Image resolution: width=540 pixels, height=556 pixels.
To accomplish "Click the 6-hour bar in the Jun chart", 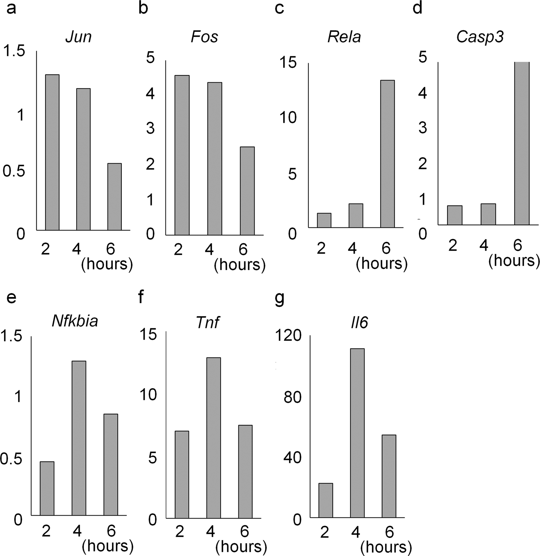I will [115, 197].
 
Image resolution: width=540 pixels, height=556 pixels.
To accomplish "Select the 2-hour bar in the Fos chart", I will [182, 155].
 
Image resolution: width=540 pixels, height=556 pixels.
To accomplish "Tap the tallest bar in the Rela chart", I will [387, 154].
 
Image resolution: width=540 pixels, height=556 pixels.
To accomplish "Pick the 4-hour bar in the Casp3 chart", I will [488, 214].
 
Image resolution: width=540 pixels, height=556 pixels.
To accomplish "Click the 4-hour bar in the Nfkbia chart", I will [79, 438].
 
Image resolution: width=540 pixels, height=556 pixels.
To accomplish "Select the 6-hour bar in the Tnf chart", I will [245, 472].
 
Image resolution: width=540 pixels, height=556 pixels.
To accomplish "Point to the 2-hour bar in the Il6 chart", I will [325, 500].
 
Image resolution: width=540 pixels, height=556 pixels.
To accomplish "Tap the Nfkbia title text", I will [75, 321].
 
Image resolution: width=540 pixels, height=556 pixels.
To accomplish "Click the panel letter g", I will [280, 299].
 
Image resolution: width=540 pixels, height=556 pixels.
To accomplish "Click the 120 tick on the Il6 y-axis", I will [288, 336].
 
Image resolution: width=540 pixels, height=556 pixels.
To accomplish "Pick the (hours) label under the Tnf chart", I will [241, 546].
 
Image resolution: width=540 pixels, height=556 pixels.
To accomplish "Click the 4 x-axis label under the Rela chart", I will [353, 248].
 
